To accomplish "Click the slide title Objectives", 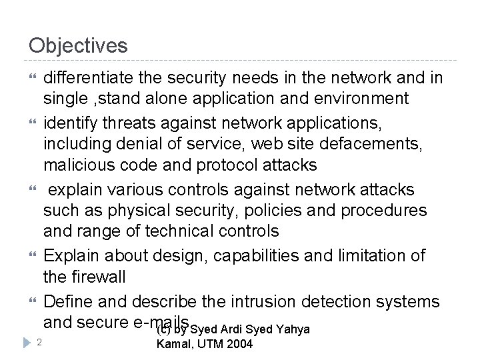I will (78, 45).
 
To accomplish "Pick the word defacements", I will (371, 142).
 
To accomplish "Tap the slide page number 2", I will (40, 342).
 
